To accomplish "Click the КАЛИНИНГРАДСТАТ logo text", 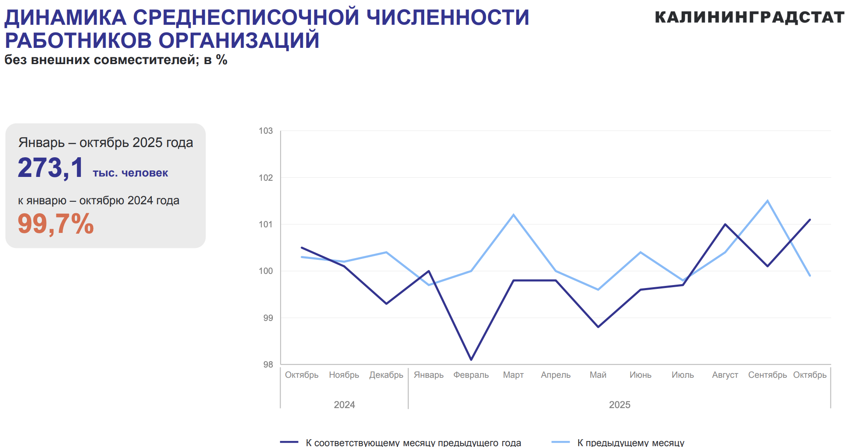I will pos(749,18).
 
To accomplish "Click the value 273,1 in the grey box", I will pos(50,168).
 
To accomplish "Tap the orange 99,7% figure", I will pos(56,223).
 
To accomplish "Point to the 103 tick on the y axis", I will pos(266,131).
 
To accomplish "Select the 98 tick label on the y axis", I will pos(268,365).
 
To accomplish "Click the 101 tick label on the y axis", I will pos(266,224).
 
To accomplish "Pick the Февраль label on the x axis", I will pos(471,375).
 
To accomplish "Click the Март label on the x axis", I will pos(513,375).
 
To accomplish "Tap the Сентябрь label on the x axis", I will pos(767,375).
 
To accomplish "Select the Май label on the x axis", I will pos(598,375).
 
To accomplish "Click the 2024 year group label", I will pos(344,405).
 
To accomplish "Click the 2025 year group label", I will pos(620,405).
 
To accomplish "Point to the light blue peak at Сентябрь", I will pos(768,200).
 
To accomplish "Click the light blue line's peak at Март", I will pos(513,215).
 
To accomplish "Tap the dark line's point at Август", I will pos(725,224).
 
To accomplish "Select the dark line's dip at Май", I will pos(598,327).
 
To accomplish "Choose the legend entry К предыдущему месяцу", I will pos(630,442).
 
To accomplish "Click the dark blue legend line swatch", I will pos(289,442).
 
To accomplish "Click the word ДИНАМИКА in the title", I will pos(65,18).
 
